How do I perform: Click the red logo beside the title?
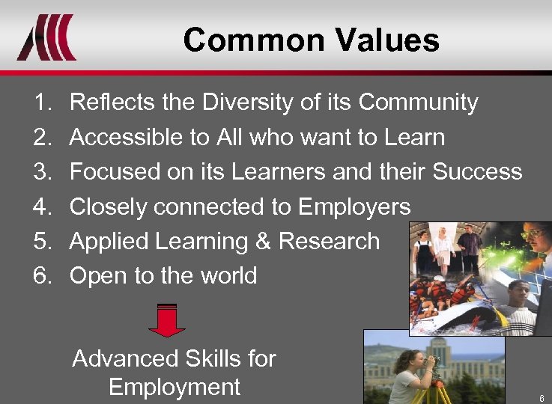click(x=46, y=37)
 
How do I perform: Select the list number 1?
click(x=42, y=102)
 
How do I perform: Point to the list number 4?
click(x=42, y=206)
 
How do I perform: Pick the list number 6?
click(x=42, y=276)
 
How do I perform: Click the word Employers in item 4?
click(x=354, y=206)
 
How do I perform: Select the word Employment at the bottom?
click(x=174, y=387)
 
